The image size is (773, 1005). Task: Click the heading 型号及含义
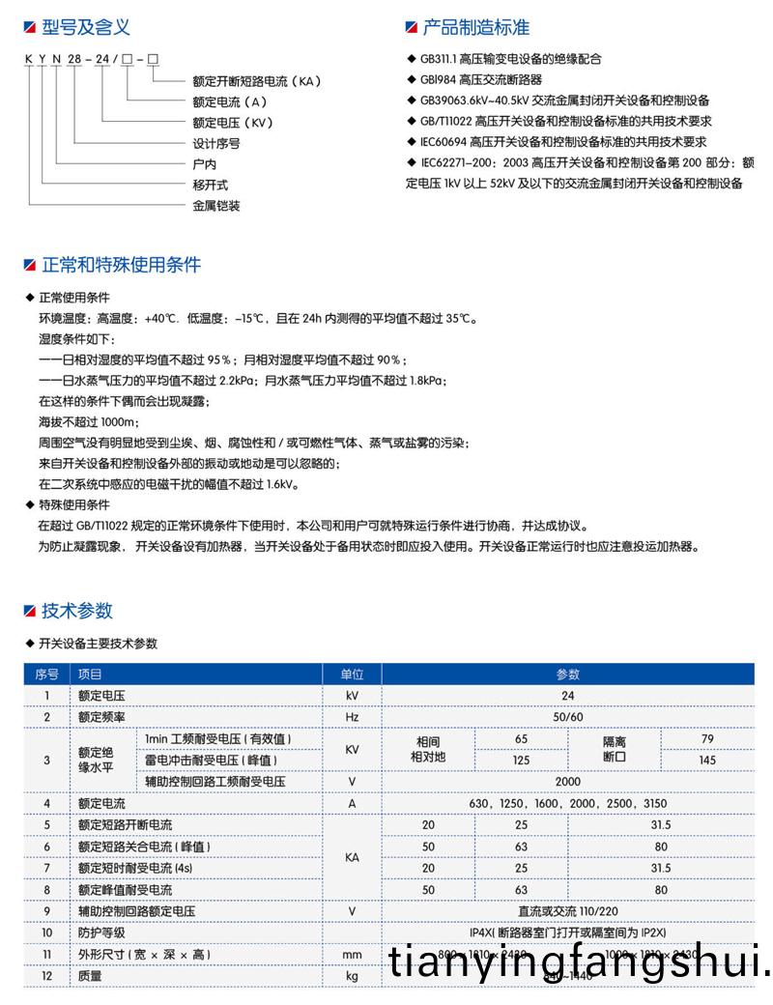pos(85,28)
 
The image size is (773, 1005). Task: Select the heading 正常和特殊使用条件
pos(121,265)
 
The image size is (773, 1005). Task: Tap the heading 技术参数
pos(77,610)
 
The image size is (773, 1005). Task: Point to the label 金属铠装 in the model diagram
pos(216,205)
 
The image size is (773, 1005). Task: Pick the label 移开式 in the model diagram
pos(211,184)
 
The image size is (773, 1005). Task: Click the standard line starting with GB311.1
pos(511,59)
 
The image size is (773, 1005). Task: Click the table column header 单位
pos(352,675)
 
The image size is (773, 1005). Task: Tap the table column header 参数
pos(568,675)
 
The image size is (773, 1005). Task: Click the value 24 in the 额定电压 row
pos(568,696)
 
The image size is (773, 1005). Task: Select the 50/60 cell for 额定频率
pos(568,717)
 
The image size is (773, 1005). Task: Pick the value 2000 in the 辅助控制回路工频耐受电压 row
pos(568,781)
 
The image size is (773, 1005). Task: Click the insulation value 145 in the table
pos(707,760)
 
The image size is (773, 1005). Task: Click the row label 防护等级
pos(101,933)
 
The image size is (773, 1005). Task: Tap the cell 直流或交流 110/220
pos(568,911)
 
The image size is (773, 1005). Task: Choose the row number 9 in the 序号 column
pos(46,911)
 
